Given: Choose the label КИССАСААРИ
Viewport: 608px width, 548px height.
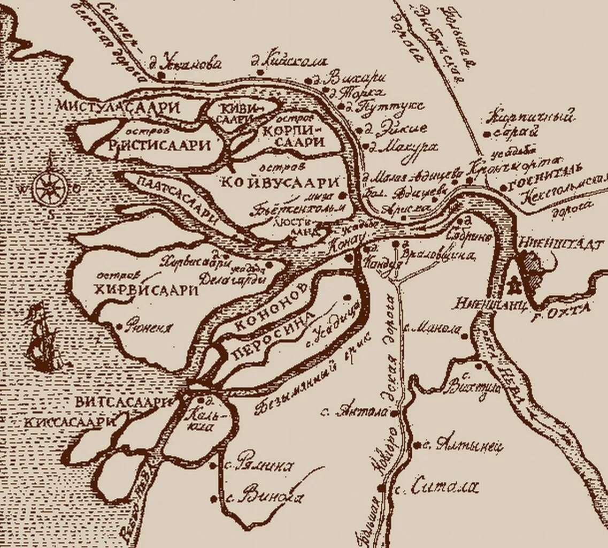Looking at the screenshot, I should (70, 421).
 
